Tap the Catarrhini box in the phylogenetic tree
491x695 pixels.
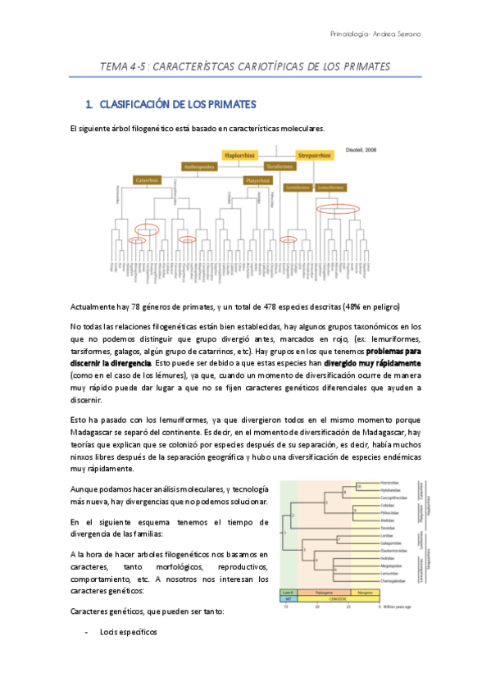147,179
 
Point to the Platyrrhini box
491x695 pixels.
256,179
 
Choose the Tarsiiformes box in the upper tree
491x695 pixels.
280,166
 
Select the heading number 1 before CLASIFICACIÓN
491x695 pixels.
89,105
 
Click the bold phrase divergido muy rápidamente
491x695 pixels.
372,361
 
